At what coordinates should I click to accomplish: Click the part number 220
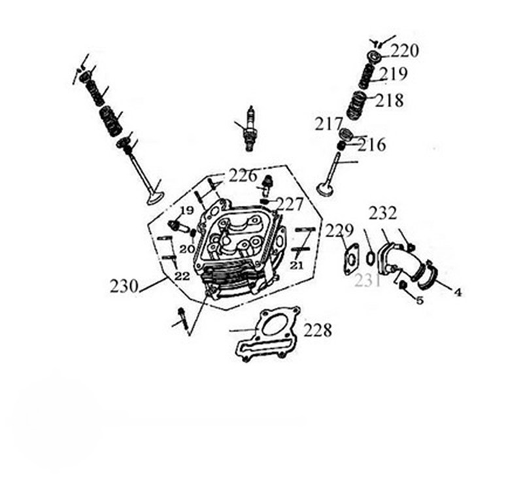click(404, 51)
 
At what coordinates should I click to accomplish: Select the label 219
click(394, 74)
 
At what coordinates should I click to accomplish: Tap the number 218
click(389, 100)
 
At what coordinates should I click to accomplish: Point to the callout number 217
click(329, 124)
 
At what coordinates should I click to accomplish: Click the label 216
click(372, 145)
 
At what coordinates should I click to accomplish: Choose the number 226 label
click(243, 176)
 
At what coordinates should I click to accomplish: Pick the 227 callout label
click(290, 204)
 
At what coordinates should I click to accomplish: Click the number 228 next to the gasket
click(318, 330)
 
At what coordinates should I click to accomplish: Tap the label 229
click(339, 230)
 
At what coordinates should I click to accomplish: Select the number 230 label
click(124, 286)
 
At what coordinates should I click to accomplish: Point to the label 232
click(382, 213)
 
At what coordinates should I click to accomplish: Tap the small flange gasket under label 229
click(351, 260)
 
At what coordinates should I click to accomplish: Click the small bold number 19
click(187, 211)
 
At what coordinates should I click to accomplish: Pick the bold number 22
click(182, 276)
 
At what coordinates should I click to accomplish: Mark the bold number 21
click(297, 265)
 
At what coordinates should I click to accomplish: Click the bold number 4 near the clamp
click(458, 292)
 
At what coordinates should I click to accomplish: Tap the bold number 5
click(420, 301)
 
